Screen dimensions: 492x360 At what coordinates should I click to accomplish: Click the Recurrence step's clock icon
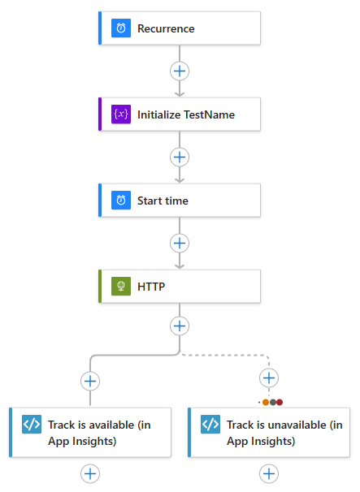tap(121, 28)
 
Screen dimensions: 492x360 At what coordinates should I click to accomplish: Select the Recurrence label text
tap(166, 28)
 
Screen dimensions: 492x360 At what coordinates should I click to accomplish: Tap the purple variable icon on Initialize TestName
tap(121, 114)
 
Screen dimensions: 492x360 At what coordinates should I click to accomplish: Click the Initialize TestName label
tap(186, 114)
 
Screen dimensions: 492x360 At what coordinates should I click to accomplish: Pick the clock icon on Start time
tap(121, 201)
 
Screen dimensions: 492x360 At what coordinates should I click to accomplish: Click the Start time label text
tap(163, 201)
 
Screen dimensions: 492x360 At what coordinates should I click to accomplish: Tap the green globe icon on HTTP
tap(121, 287)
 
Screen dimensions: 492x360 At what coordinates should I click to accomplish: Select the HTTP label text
tap(151, 287)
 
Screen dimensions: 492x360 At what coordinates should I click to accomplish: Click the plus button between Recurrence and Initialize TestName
tap(180, 71)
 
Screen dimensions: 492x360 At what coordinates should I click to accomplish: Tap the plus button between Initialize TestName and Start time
tap(180, 157)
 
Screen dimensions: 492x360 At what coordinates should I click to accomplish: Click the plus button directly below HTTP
tap(180, 326)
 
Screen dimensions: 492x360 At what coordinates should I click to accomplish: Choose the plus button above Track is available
tap(90, 380)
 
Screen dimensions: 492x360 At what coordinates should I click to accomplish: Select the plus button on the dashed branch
tap(269, 378)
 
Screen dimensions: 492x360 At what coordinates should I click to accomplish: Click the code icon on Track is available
tap(32, 424)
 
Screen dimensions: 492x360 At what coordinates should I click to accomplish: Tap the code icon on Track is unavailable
tap(210, 424)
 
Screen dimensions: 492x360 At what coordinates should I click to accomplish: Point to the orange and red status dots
tap(273, 402)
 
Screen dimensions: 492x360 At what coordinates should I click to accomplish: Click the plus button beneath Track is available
tap(90, 473)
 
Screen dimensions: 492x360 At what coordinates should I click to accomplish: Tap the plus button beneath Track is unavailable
tap(269, 473)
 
